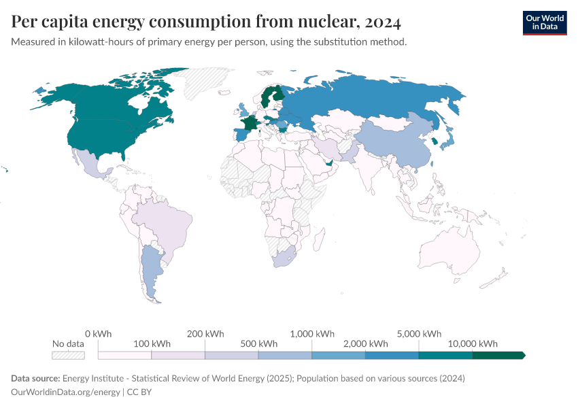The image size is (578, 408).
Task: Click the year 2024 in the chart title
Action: [383, 22]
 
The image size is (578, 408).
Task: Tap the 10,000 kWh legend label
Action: [475, 343]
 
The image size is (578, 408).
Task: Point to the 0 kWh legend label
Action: [98, 334]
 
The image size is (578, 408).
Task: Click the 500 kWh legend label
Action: [258, 343]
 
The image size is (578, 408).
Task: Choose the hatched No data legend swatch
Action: [69, 355]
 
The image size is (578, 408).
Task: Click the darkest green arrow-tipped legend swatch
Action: [498, 355]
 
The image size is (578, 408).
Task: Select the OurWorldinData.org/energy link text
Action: [66, 392]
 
